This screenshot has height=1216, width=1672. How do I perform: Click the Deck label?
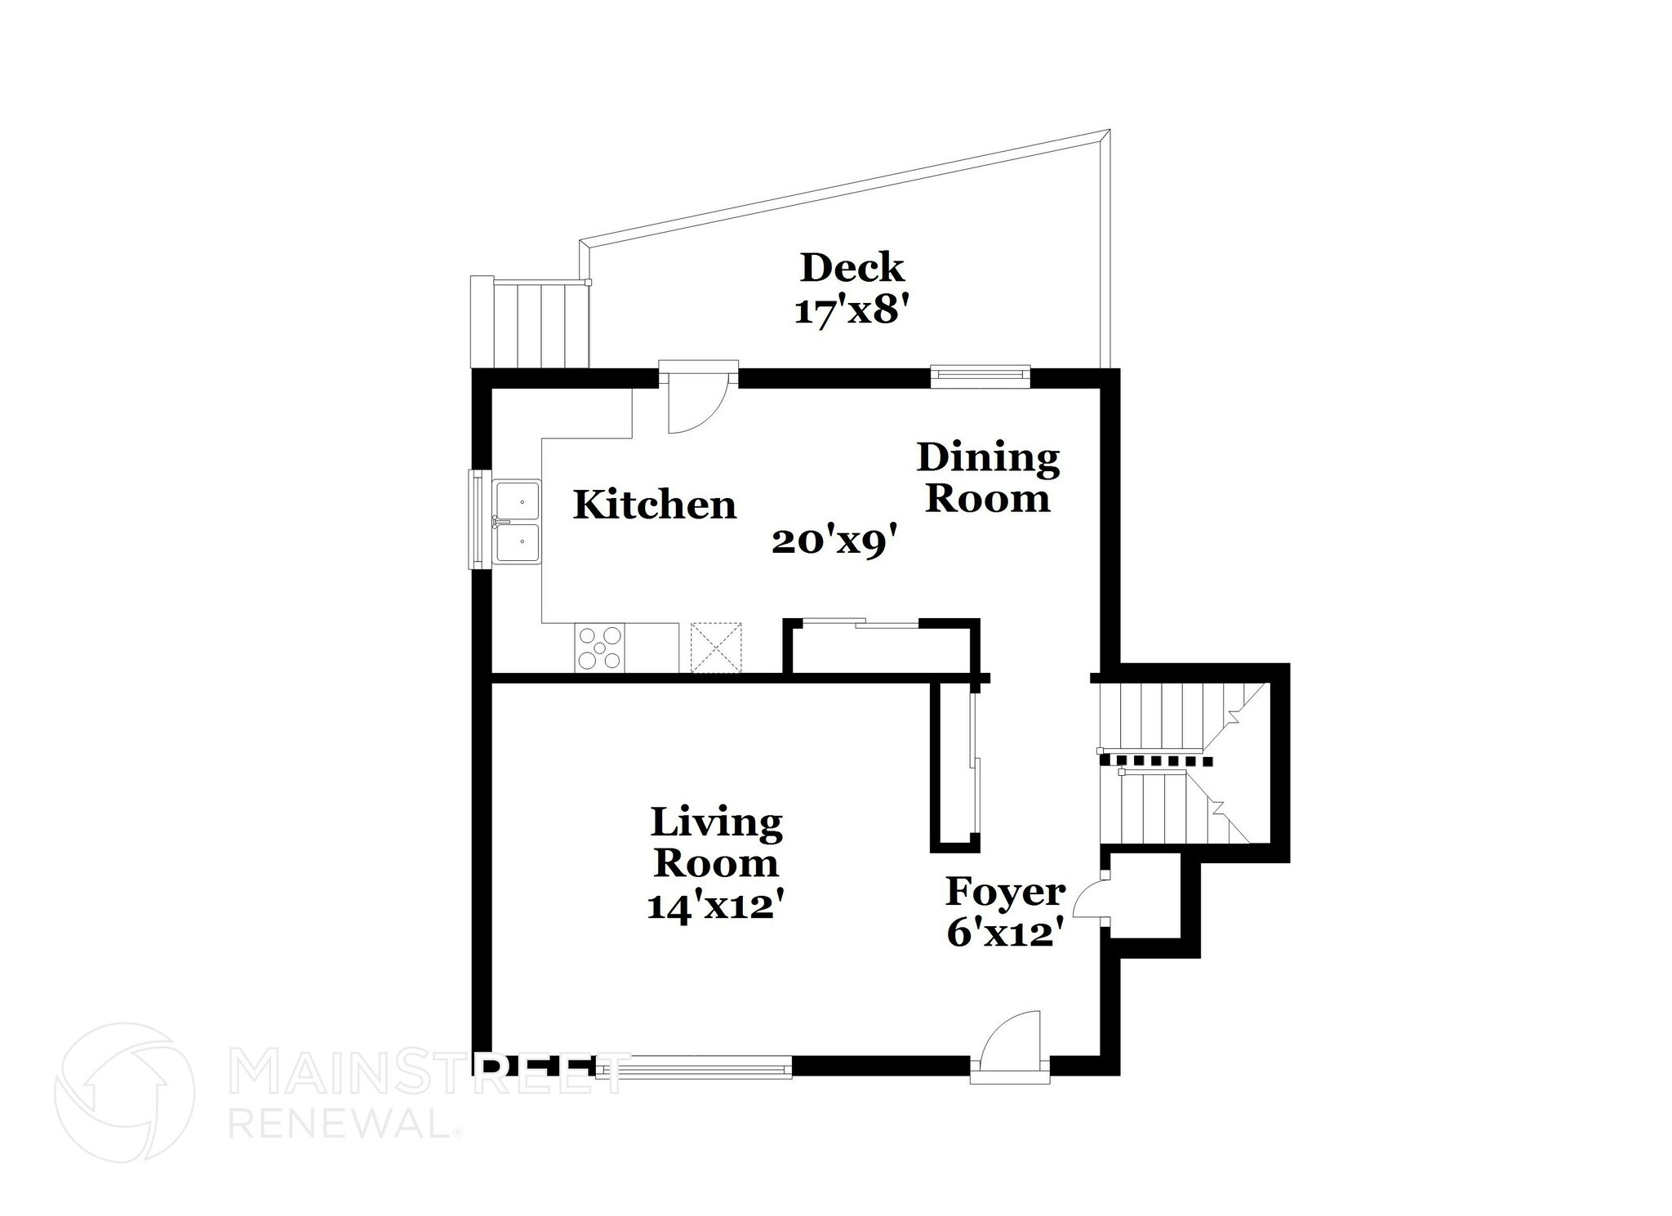[852, 268]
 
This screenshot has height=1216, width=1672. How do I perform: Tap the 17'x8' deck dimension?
[852, 311]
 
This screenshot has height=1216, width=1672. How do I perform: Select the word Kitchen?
[654, 505]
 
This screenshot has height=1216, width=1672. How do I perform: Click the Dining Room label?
[987, 478]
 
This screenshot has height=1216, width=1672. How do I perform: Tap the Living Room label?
[716, 842]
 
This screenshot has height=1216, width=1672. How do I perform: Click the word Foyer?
[1005, 892]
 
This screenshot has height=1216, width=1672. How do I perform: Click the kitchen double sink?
[518, 523]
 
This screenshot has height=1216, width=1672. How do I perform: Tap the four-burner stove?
[600, 648]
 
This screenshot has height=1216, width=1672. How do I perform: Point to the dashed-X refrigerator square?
[716, 648]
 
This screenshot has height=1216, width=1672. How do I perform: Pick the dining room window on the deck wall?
[980, 374]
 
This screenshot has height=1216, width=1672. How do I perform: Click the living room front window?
[694, 1067]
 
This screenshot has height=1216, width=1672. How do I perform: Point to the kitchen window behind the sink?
[475, 519]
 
